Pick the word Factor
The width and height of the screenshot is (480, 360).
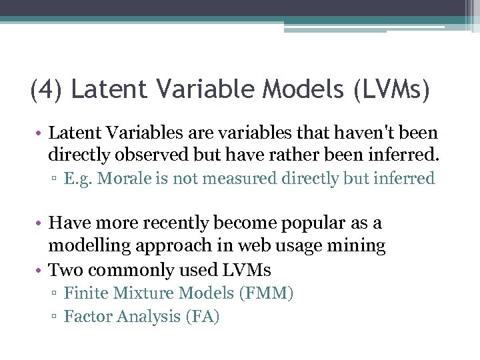(87, 316)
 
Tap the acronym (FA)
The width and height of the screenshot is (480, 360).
(201, 316)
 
